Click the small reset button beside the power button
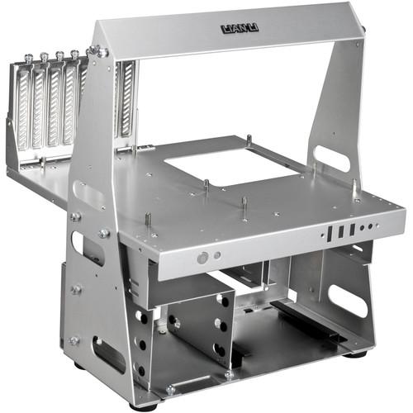217,255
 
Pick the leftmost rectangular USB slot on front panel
329,234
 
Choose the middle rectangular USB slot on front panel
341,231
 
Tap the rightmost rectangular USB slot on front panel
353,229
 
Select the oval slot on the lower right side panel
348,300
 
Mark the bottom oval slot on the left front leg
108,354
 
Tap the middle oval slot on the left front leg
87,247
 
